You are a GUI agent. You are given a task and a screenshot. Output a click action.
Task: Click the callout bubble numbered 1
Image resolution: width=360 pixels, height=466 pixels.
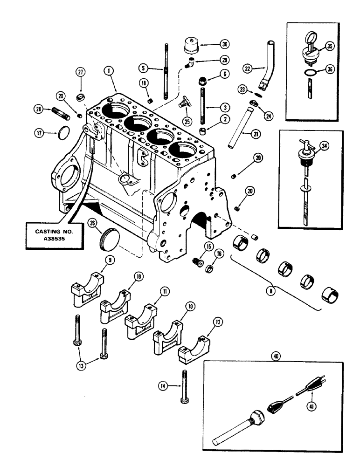click(x=108, y=71)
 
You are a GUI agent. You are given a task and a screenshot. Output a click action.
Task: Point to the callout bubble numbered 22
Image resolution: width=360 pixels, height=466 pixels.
click(x=248, y=69)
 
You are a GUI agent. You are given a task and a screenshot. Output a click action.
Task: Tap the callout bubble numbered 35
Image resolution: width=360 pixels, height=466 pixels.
click(x=330, y=46)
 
